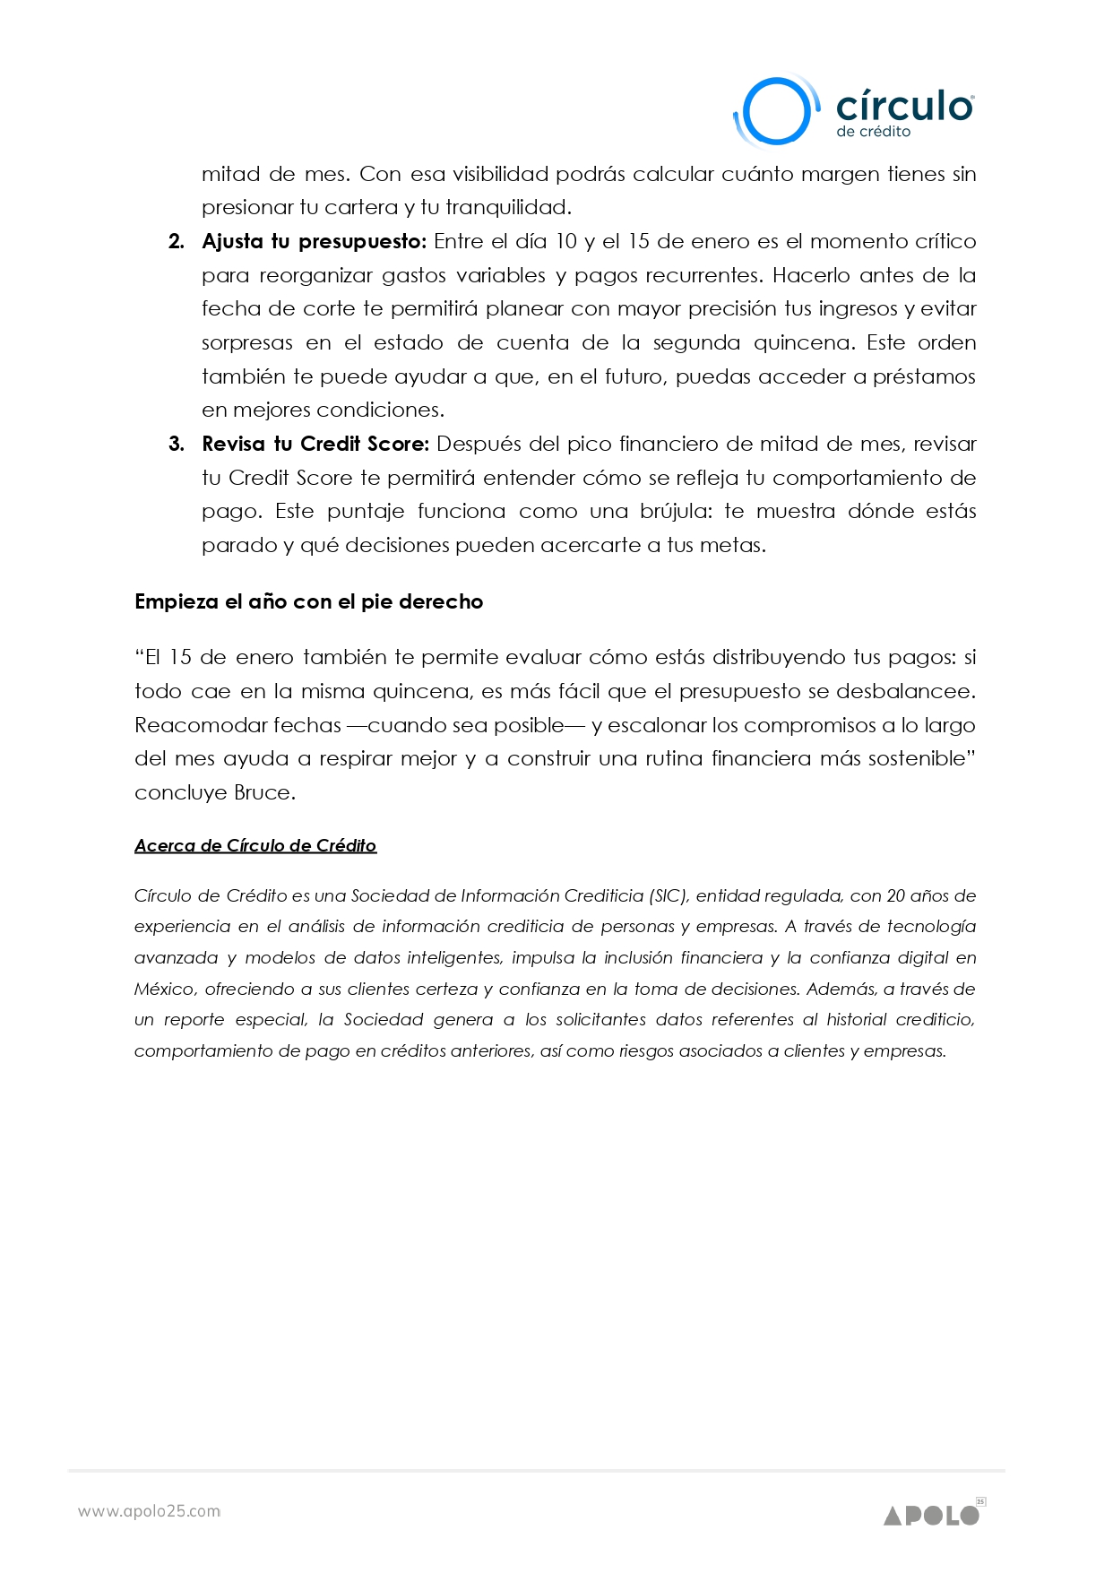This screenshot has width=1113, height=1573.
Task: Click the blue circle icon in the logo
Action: pos(775,111)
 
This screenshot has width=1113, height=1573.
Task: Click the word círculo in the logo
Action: pos(903,106)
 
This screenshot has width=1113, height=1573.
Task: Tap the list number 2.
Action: pos(177,242)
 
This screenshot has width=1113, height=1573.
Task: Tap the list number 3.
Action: pos(177,445)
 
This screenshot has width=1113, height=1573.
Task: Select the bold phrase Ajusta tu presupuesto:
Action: pos(315,242)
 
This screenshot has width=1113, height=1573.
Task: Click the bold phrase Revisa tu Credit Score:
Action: pos(315,445)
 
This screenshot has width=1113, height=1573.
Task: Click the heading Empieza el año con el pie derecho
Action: pos(308,601)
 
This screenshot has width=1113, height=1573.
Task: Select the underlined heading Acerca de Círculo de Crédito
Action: pos(255,845)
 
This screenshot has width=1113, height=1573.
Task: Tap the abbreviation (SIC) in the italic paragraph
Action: pos(669,896)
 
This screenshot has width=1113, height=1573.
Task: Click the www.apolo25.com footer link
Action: pos(149,1511)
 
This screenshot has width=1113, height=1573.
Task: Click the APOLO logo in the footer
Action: pos(932,1515)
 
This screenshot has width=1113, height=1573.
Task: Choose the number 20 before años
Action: pos(895,896)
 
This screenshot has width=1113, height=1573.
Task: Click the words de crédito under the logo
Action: pos(873,132)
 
